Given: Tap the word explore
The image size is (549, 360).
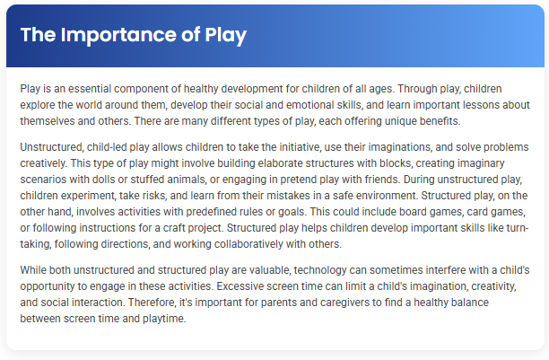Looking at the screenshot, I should (x=39, y=106).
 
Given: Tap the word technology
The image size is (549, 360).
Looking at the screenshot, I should (x=315, y=270).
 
